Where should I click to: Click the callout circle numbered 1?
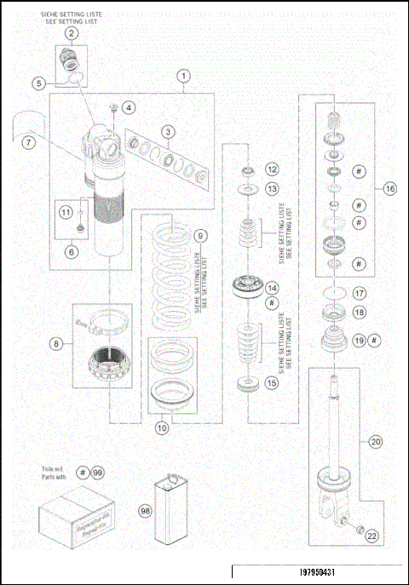(183, 76)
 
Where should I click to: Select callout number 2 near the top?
(72, 34)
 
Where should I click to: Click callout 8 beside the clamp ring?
(57, 344)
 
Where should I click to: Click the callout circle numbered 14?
(272, 288)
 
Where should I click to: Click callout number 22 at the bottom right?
(372, 535)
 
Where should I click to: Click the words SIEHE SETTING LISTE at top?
(72, 14)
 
